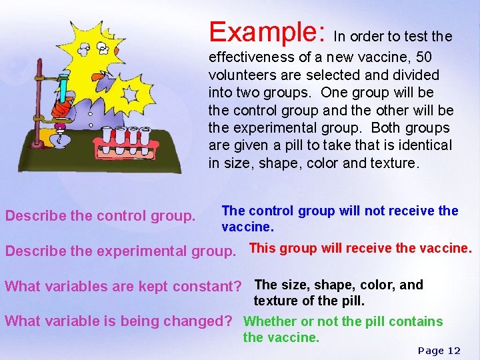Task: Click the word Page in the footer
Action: pyautogui.click(x=431, y=351)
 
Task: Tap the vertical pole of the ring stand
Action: pyautogui.click(x=41, y=100)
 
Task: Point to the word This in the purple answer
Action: pyautogui.click(x=263, y=248)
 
